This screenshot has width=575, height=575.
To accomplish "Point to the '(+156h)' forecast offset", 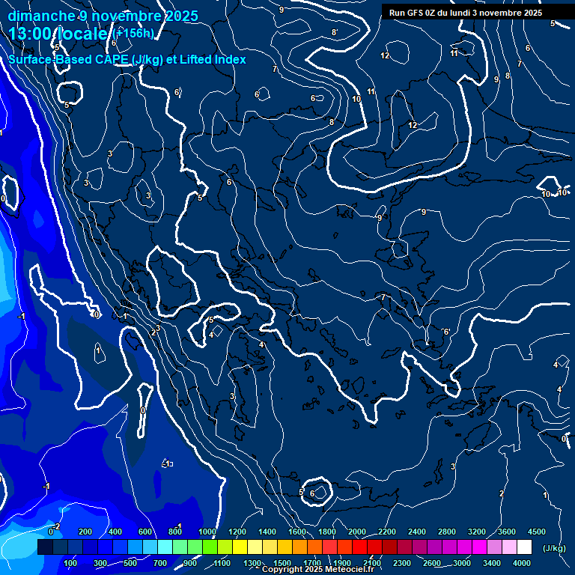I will point(135,34).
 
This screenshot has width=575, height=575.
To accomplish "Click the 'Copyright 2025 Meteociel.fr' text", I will point(317,570).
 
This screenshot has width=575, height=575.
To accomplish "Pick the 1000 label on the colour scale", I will point(207,532).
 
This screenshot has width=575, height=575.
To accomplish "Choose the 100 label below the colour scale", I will point(70,563).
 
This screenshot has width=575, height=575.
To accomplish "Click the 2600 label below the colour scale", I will point(431,563).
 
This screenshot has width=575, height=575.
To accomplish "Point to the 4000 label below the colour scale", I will point(522,563).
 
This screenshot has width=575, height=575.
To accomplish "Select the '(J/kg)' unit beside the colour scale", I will point(553,549).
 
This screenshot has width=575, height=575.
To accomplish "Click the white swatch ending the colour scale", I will point(524,547).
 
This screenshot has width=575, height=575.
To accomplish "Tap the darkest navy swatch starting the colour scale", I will point(45,547).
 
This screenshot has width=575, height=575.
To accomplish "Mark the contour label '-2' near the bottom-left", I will point(57,526).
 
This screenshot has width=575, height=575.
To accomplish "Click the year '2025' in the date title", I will point(180,16).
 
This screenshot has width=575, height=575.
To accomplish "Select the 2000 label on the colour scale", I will point(357,532).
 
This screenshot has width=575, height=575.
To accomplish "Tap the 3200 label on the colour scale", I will point(477,532).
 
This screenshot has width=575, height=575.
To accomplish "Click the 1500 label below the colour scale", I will point(282,563).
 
